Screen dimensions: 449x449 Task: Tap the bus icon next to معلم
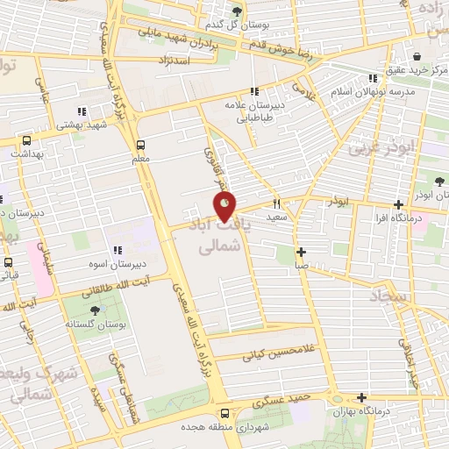pos(140,146)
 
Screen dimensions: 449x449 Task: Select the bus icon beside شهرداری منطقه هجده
pos(224,413)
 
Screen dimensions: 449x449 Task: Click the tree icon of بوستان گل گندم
pos(238,11)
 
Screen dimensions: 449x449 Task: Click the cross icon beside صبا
pos(301,251)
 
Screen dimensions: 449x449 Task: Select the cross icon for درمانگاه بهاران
pos(360,397)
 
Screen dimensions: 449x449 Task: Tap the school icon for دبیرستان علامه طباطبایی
pos(254,90)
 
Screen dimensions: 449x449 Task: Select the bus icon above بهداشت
pos(26,140)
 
